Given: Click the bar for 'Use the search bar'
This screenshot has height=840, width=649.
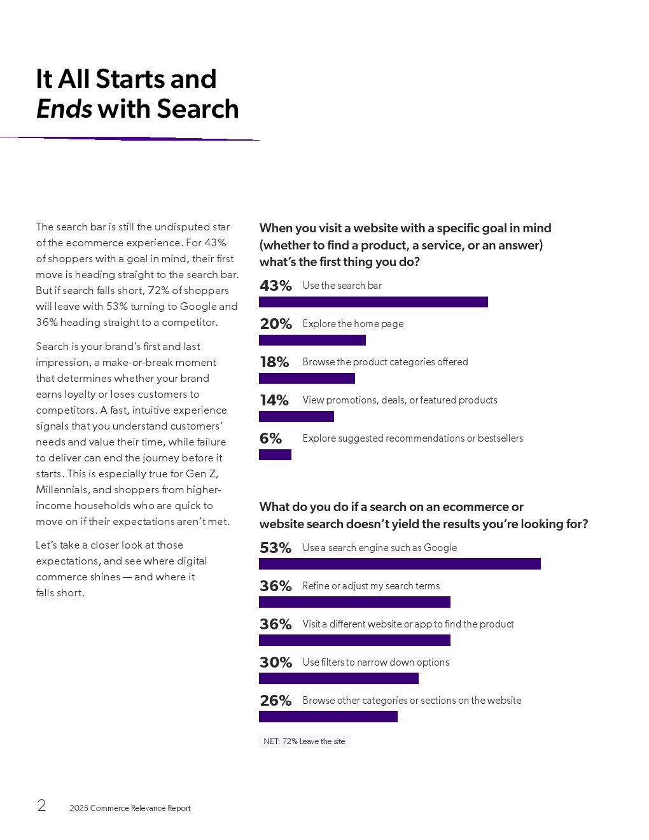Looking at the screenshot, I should click(373, 302).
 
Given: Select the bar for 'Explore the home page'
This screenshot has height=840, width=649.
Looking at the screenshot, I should click(312, 340).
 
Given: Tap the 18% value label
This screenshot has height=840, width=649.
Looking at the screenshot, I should click(274, 362).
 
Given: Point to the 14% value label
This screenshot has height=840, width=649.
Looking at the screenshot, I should click(274, 400).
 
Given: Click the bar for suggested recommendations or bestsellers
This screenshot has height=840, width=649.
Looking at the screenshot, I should click(275, 455).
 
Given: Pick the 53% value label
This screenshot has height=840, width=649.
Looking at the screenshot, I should click(276, 548).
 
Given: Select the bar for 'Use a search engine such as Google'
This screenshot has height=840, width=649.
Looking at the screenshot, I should click(400, 564).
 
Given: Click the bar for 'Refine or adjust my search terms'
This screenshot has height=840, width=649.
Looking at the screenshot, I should click(354, 602).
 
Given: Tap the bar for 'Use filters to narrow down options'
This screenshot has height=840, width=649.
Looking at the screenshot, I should click(338, 678).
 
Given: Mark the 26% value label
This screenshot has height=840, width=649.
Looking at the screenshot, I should click(276, 701).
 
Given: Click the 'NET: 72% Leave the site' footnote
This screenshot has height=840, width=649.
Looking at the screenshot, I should click(304, 741).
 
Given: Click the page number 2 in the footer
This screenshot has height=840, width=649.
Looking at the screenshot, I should click(41, 806).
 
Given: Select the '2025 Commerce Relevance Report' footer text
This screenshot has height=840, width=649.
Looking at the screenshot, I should click(130, 808).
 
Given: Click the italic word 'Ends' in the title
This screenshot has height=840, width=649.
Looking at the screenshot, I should click(64, 109).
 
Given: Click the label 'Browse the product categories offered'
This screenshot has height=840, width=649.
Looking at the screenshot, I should click(385, 362).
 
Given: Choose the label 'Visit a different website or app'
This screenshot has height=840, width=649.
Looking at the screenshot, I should click(408, 624).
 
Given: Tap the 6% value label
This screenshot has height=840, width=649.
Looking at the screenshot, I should click(270, 438).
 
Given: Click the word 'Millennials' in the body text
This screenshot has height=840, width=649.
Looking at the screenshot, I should click(62, 490).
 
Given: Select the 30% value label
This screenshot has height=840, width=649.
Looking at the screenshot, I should click(276, 662).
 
